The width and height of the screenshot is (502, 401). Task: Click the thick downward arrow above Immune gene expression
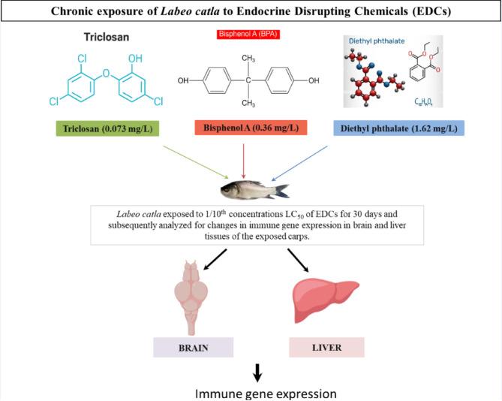click(x=257, y=371)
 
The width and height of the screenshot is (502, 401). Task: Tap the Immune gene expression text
click(x=257, y=392)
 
